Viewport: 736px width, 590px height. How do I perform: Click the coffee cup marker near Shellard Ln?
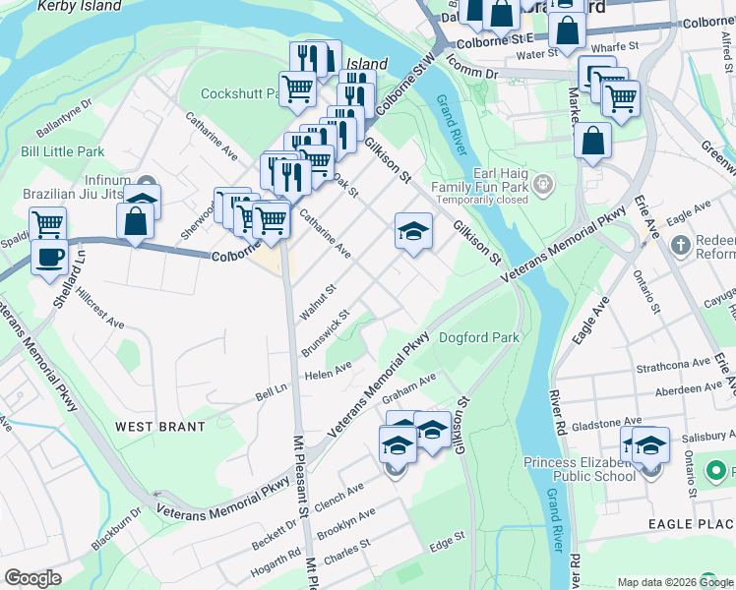coord(48,258)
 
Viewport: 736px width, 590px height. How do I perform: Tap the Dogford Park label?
coord(478,337)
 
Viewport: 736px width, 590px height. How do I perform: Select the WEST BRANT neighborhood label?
coord(160,427)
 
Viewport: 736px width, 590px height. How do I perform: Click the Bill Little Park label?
coord(62,152)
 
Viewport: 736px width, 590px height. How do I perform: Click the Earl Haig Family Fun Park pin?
coord(543,183)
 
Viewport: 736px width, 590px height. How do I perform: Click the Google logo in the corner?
coord(32,578)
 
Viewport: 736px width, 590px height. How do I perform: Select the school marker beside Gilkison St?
coord(413,232)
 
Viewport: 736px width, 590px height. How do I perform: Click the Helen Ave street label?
coord(329,371)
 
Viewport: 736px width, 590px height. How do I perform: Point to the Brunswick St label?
coord(326,334)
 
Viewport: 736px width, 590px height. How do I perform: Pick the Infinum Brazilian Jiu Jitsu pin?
coord(148,184)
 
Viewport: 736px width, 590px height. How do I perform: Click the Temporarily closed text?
coord(478,199)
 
